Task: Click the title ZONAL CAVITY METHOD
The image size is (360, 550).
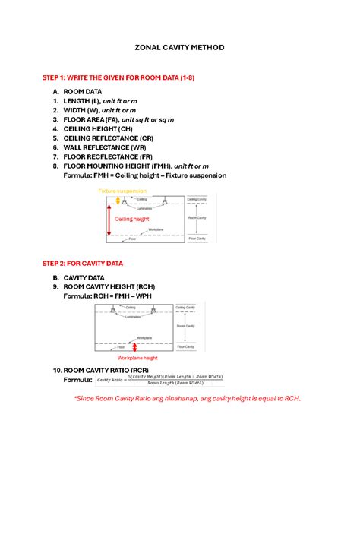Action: (179, 47)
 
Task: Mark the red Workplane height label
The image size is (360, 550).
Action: (137, 358)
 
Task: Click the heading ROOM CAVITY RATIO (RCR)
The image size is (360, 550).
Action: (101, 370)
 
